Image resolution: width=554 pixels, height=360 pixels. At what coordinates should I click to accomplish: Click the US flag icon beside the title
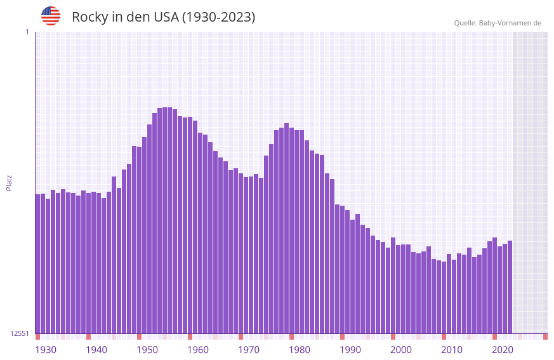click(x=51, y=16)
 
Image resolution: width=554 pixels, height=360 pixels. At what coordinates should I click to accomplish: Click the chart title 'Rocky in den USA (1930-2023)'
click(x=163, y=17)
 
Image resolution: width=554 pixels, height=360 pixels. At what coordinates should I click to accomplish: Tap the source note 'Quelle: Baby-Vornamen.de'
click(x=498, y=23)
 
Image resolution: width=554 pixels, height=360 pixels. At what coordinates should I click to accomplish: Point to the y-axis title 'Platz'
click(x=9, y=182)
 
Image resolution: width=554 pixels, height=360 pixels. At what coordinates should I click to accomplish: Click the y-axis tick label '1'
click(x=27, y=32)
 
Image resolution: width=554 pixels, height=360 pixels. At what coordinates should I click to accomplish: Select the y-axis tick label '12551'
click(x=20, y=333)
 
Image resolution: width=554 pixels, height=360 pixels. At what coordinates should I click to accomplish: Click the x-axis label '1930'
click(x=46, y=350)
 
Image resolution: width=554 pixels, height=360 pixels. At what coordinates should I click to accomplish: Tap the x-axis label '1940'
click(x=96, y=350)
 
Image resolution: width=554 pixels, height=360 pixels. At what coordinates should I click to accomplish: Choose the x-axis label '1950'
click(x=147, y=350)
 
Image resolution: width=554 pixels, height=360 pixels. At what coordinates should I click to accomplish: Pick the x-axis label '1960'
click(x=198, y=350)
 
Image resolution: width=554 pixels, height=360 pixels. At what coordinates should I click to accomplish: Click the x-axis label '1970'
click(x=249, y=350)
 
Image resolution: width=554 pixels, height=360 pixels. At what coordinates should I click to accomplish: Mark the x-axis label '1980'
click(x=300, y=350)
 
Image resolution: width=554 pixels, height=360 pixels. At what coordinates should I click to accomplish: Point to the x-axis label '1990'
click(x=350, y=350)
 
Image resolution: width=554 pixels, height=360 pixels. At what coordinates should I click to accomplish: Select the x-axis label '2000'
click(x=401, y=350)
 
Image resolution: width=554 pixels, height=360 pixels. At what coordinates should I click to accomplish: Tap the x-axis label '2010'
click(x=452, y=350)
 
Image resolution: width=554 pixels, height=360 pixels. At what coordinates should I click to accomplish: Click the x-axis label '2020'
click(x=503, y=350)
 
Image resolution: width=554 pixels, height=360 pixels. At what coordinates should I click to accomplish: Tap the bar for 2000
click(x=393, y=286)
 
